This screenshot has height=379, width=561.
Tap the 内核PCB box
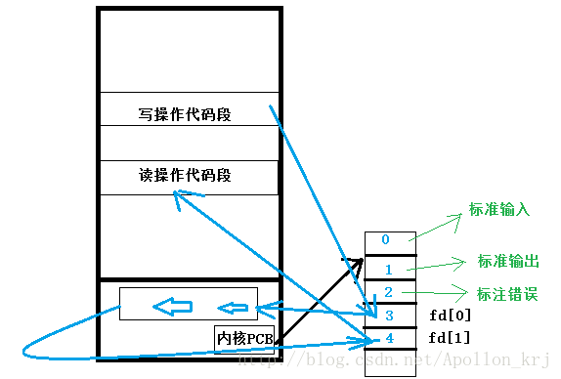(244, 338)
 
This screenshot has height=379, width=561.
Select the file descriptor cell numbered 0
(385, 240)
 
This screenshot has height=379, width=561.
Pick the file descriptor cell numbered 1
(385, 268)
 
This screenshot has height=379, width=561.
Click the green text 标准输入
(499, 210)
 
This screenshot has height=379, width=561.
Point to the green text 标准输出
(508, 261)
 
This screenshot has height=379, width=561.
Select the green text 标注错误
(507, 294)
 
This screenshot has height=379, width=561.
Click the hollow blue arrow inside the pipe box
(172, 307)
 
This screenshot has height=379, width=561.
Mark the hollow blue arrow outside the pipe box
(234, 308)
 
